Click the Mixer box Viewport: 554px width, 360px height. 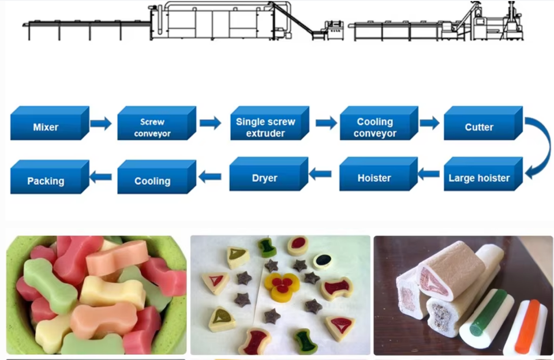50,123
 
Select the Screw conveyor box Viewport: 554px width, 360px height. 156,123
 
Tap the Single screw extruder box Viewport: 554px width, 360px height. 269,123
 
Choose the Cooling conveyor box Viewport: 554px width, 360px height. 379,123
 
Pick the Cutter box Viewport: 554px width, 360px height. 484,123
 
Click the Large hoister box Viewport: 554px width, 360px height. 484,174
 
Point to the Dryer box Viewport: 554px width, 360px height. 269,174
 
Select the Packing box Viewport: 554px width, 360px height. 50,177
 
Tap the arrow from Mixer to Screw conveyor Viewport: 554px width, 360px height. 101,123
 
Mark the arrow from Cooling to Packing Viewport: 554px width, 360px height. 100,177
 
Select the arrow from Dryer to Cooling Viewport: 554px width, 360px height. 210,177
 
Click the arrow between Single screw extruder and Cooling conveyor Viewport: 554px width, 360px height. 326,123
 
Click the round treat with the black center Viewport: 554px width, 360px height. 322,261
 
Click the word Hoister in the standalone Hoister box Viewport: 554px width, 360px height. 374,178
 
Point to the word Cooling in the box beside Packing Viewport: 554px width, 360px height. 152,181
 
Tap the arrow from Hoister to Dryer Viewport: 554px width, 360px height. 320,174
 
